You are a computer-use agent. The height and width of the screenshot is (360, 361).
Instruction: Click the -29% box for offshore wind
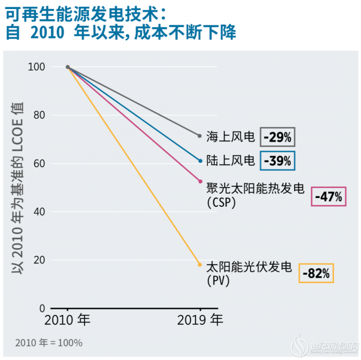(x=278, y=137)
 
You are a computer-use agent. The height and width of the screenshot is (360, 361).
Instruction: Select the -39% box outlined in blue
(x=278, y=161)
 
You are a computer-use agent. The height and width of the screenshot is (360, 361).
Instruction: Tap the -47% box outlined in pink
(x=329, y=197)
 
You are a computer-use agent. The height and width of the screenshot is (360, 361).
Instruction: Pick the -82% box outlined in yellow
(x=316, y=273)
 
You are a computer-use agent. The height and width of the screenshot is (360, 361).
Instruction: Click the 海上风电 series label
(x=231, y=137)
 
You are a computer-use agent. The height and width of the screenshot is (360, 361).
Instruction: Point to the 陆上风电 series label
(x=231, y=160)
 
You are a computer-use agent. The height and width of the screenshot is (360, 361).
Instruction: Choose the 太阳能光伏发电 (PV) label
(x=249, y=273)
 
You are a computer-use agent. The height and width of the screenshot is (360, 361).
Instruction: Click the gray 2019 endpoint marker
(x=200, y=136)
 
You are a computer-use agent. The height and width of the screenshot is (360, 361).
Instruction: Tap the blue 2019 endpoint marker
(x=200, y=161)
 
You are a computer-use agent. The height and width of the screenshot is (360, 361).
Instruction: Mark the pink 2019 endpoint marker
(x=200, y=181)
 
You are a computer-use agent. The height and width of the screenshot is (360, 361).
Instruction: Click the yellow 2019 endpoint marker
(x=200, y=264)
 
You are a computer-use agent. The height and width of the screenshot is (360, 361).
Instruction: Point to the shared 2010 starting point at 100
(x=68, y=67)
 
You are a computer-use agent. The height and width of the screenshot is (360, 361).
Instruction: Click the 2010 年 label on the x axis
(x=68, y=321)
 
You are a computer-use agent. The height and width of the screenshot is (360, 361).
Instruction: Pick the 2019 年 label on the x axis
(x=200, y=321)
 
